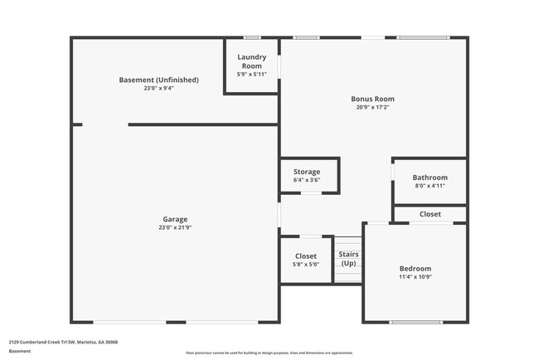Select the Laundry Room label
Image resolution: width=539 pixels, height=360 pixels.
click(251, 61)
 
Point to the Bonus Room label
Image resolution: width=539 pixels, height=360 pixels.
click(372, 99)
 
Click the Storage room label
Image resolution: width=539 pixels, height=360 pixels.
click(306, 172)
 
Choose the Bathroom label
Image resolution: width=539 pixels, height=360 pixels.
click(430, 178)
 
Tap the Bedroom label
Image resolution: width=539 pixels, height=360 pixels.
click(415, 269)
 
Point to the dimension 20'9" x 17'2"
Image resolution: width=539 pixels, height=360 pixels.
click(372, 107)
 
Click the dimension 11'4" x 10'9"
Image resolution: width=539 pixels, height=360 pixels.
click(415, 277)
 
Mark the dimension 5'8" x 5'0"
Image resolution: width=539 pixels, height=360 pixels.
click(305, 265)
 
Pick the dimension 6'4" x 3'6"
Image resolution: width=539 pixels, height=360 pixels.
click(306, 180)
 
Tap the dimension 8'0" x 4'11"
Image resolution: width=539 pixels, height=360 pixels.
click(430, 186)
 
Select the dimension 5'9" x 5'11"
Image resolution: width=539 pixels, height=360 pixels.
click(251, 74)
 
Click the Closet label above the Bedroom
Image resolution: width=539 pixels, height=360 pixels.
click(430, 214)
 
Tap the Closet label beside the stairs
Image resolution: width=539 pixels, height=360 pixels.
click(305, 256)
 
